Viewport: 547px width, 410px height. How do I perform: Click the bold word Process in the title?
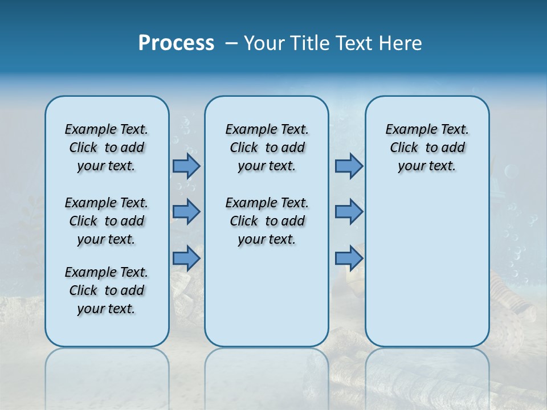(x=176, y=43)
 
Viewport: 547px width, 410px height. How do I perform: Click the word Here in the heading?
(x=401, y=43)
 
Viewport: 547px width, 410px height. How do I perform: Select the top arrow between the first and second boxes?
(x=186, y=166)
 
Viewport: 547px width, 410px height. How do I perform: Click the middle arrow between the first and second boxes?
(x=186, y=212)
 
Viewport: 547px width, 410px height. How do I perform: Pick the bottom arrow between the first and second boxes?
(x=186, y=258)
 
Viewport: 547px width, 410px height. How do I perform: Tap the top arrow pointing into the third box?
(x=349, y=166)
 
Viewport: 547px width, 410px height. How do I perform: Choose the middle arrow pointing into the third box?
(x=349, y=212)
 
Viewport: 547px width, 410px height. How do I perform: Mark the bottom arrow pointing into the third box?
(x=349, y=258)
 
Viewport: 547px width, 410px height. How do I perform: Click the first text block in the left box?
(x=107, y=147)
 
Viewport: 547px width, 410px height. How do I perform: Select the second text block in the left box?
(x=107, y=221)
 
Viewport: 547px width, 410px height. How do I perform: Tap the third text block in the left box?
(x=107, y=290)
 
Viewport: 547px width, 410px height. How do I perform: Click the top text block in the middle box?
(x=267, y=147)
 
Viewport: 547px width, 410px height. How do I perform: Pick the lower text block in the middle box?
(x=267, y=221)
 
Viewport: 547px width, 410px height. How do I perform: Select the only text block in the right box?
(x=427, y=147)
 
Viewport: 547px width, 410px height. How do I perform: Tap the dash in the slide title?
(x=231, y=43)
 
